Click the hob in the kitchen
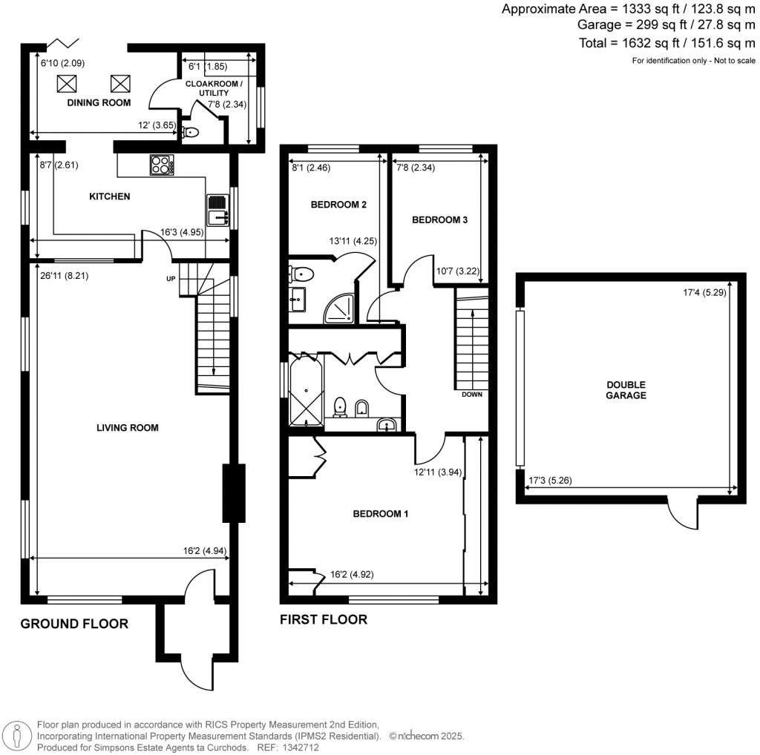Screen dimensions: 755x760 161,165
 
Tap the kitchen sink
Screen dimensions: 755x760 217,211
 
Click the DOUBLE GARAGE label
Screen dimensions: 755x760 626,390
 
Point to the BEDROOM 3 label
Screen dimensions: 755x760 439,220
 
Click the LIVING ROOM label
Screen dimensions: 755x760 127,428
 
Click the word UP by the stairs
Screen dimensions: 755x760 171,280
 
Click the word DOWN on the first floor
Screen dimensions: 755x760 472,395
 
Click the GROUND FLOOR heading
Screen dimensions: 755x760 74,624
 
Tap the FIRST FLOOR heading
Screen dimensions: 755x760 323,619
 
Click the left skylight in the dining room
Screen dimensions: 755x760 68,82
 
